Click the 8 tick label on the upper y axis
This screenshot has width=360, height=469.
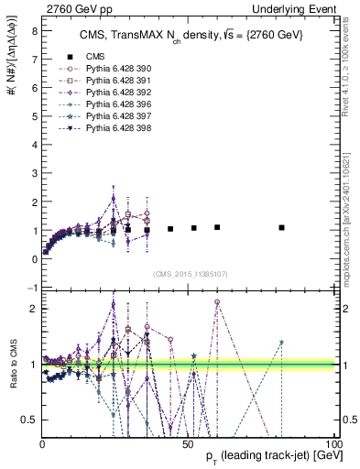(x=33, y=30)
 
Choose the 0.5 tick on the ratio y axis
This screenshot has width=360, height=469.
(x=28, y=420)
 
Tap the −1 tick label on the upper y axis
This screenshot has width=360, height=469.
(x=31, y=288)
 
